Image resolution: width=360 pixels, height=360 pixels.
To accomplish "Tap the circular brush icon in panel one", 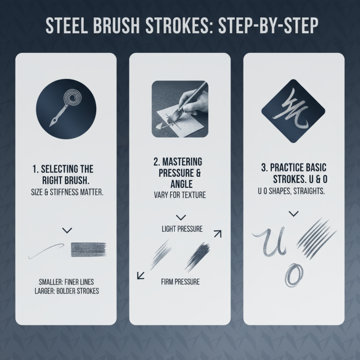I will point(66,108).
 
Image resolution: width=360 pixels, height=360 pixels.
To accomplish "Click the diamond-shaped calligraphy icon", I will point(294,108).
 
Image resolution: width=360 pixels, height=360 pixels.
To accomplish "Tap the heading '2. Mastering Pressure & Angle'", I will point(180,172).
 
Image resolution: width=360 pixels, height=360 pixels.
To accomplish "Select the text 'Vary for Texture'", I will point(180,196).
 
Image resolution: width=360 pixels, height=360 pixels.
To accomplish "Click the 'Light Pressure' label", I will point(182,229).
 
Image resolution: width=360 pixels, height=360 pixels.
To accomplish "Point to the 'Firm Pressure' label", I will point(180,282).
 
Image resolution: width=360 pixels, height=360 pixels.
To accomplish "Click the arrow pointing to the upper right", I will point(217,233).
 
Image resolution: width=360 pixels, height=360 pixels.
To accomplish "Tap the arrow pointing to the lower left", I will point(141,274).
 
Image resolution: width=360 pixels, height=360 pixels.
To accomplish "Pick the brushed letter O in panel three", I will point(294,273).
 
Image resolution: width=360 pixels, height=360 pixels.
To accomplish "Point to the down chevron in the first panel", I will point(67,230).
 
